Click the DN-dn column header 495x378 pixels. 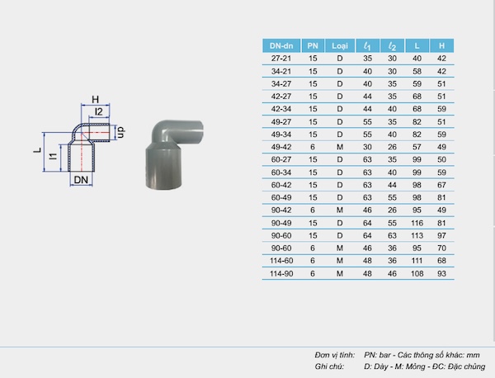(x=281, y=45)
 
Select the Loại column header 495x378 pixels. (x=340, y=45)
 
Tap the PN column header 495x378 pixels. (x=313, y=45)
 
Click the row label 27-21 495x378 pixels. (x=281, y=59)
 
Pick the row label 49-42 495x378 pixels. (x=281, y=147)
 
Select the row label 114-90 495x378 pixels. (x=281, y=273)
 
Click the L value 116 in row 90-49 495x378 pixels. (x=417, y=223)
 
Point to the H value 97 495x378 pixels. (x=441, y=235)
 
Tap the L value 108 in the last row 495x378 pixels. (x=417, y=273)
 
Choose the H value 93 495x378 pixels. (x=441, y=273)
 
